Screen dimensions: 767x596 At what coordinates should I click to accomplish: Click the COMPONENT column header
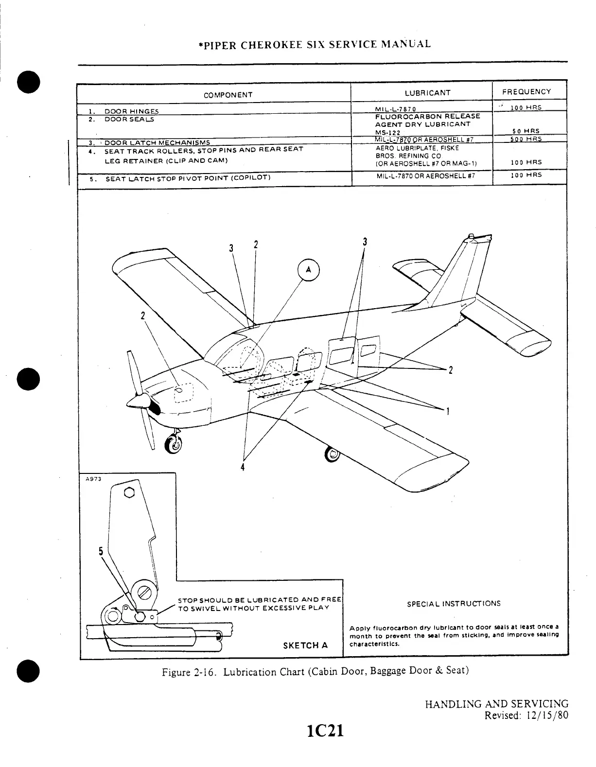tap(228, 95)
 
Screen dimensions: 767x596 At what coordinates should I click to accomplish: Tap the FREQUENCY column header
tap(526, 91)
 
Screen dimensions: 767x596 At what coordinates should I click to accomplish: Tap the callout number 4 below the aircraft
tap(243, 467)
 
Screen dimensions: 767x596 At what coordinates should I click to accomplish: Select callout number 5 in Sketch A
tap(101, 551)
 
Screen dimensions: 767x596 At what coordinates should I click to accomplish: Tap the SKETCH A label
tap(305, 645)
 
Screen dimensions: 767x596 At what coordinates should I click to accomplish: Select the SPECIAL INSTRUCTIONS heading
tap(454, 604)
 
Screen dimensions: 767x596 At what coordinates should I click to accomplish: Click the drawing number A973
tap(92, 478)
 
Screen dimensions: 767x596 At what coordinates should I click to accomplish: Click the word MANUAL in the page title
tap(407, 44)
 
